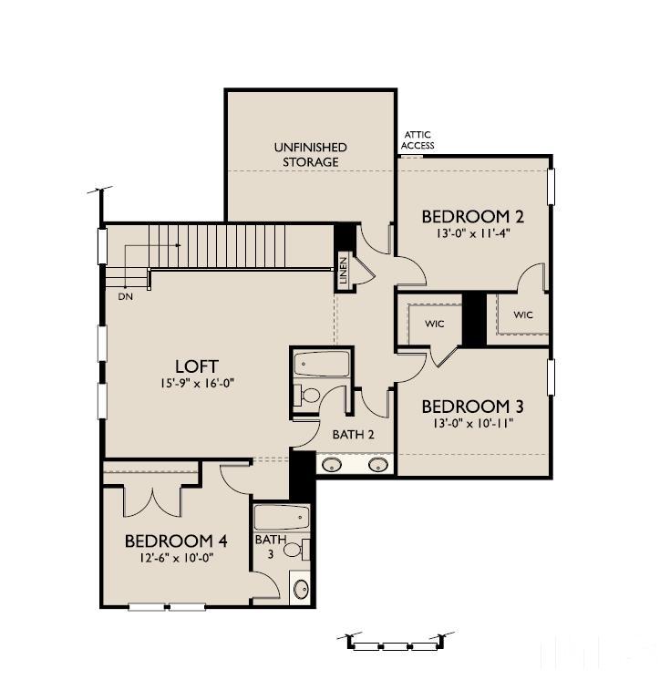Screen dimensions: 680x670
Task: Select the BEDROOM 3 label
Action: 465,406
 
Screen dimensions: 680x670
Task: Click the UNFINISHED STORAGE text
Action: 310,154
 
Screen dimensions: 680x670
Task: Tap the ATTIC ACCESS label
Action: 418,140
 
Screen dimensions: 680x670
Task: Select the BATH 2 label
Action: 353,435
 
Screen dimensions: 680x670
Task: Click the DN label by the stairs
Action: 125,296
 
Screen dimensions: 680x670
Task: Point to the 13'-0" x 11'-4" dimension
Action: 471,233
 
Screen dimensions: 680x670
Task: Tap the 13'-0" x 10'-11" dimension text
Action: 465,422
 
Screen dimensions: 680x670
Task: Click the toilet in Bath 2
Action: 309,396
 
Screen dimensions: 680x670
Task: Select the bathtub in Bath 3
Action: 282,519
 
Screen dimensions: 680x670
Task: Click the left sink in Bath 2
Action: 334,465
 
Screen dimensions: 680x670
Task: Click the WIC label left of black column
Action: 434,324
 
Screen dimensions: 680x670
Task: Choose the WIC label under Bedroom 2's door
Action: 522,315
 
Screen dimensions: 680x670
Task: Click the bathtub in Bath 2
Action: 321,364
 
